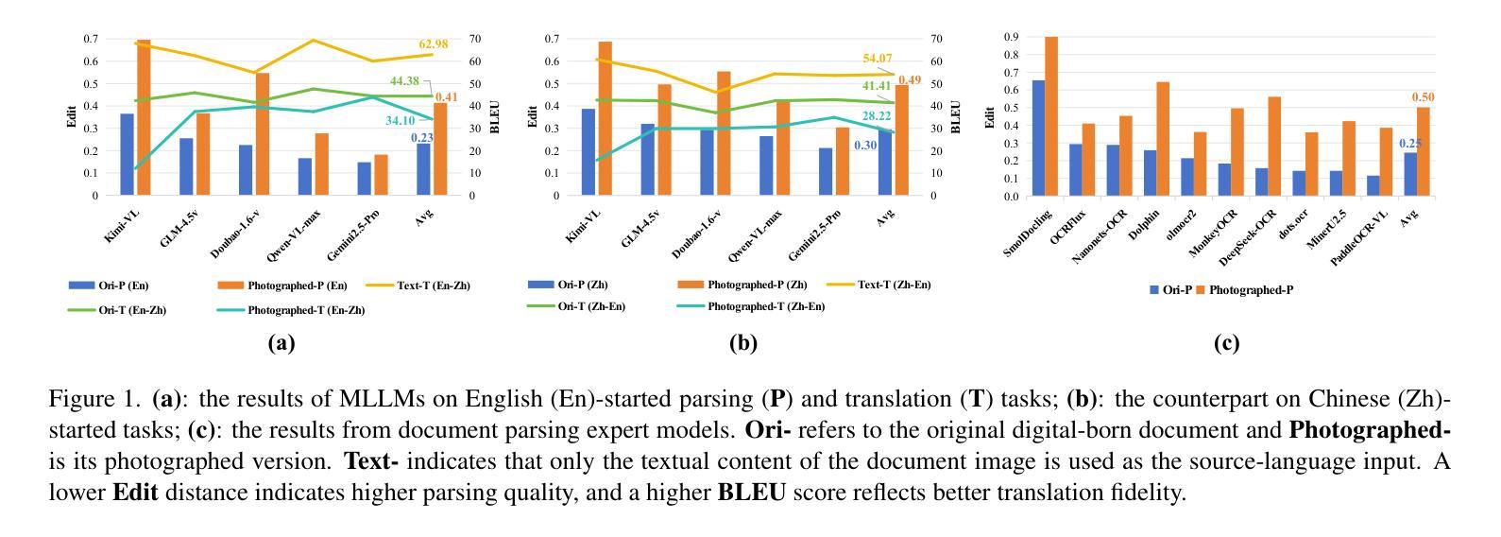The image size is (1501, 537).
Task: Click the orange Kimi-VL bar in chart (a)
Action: [144, 118]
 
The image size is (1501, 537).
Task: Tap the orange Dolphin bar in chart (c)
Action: [1162, 139]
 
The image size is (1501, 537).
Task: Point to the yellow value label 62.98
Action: [434, 44]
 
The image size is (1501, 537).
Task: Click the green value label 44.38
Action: [404, 81]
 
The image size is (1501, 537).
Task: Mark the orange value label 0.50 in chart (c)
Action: [1423, 97]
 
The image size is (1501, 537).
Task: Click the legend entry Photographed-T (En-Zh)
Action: [306, 310]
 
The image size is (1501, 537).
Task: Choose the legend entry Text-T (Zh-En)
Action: [894, 285]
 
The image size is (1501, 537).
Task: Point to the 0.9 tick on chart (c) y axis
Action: [1011, 37]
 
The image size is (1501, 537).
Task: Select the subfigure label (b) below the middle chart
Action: [743, 343]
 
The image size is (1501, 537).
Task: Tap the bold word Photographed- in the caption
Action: [1369, 430]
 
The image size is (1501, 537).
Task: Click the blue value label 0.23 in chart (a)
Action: [421, 138]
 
